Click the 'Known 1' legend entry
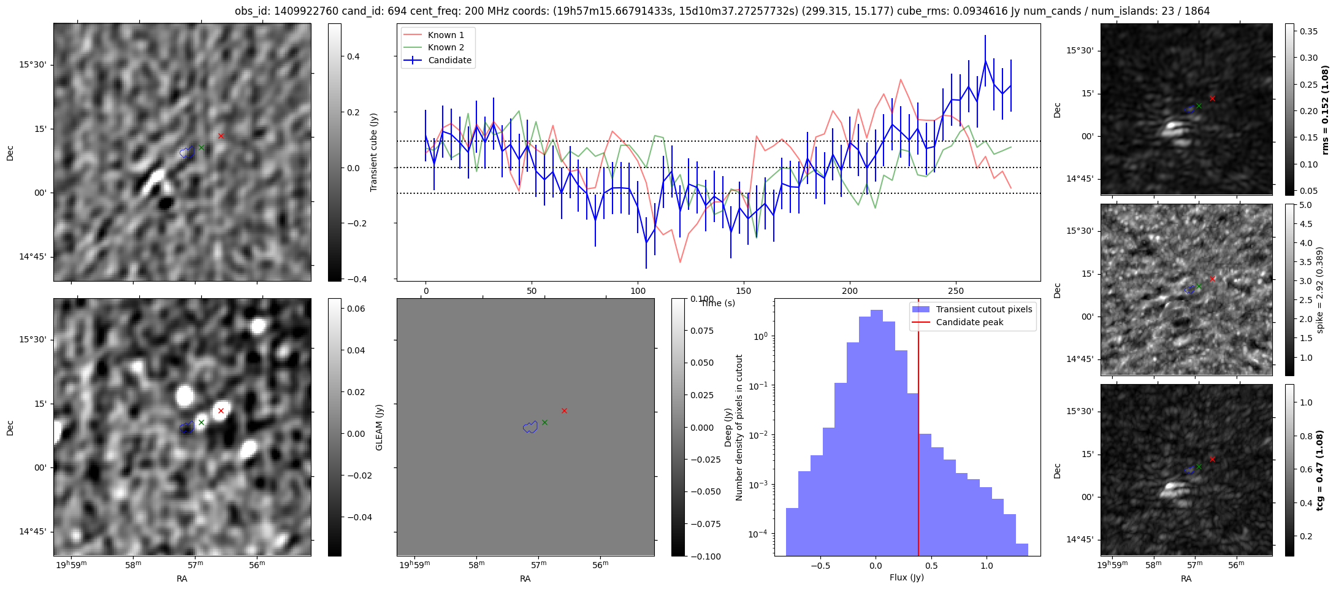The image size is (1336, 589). pos(446,35)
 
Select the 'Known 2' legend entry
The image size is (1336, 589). pos(446,47)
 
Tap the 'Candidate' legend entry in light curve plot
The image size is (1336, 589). pos(449,60)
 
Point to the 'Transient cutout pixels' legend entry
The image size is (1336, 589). pos(983,309)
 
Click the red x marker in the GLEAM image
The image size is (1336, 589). pos(221,410)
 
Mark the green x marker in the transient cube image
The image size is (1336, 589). pos(201,147)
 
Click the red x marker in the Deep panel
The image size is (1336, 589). pos(564,410)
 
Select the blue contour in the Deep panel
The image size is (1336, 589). pos(530,427)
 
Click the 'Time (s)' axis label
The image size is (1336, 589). pos(718,303)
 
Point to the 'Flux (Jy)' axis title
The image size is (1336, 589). pos(906,577)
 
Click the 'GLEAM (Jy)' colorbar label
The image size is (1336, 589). pos(379,428)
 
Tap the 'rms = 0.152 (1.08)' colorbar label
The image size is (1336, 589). pos(1325,110)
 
